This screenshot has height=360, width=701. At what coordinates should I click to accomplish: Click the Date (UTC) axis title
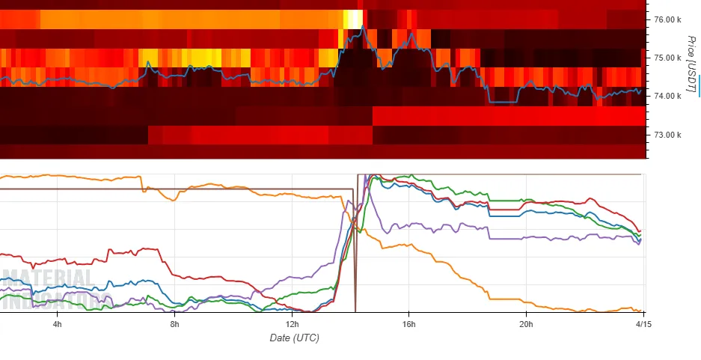(294, 338)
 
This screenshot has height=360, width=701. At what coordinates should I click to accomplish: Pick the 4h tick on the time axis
(57, 323)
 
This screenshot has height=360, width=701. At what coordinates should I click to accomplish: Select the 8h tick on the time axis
(175, 323)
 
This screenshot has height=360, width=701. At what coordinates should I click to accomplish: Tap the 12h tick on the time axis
(293, 323)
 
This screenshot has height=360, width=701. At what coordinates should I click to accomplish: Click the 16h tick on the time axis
(409, 323)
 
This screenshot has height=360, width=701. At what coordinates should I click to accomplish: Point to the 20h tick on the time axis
(526, 323)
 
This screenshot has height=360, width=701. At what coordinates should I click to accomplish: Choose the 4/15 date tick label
(642, 323)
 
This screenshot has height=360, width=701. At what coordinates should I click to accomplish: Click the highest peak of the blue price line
(363, 26)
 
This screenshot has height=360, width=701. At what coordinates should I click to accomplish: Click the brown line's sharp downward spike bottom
(355, 309)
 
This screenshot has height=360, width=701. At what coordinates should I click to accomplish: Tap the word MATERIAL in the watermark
(47, 279)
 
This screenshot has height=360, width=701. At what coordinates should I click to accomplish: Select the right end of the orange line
(640, 311)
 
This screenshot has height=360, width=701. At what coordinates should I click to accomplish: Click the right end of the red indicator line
(640, 231)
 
